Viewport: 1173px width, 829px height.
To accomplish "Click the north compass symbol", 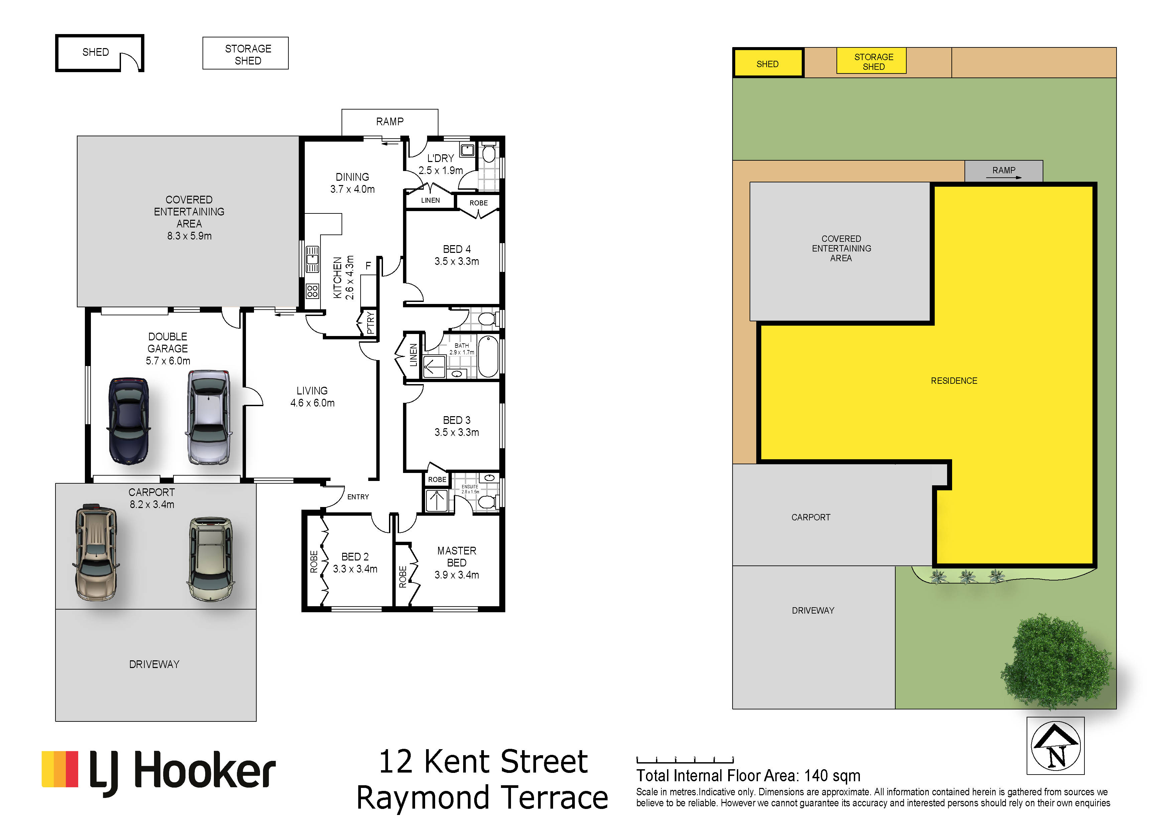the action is point(1055,746).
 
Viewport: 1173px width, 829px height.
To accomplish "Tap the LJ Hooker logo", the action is point(158,772).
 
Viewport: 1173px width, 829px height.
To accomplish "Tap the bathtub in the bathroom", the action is point(488,356).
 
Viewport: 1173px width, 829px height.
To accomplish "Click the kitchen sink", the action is point(312,259).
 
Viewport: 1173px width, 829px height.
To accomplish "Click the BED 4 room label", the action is point(457,249).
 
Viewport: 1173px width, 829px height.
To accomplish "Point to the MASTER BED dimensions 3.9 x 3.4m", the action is point(457,575).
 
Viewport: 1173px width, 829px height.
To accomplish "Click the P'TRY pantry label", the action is point(370,323).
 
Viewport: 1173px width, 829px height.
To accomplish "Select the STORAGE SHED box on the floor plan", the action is point(246,53).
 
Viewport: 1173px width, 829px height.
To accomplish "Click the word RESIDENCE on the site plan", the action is point(954,381).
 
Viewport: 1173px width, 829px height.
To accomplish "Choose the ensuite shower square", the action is point(437,501).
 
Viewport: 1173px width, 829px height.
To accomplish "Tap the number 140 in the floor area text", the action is point(816,776).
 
